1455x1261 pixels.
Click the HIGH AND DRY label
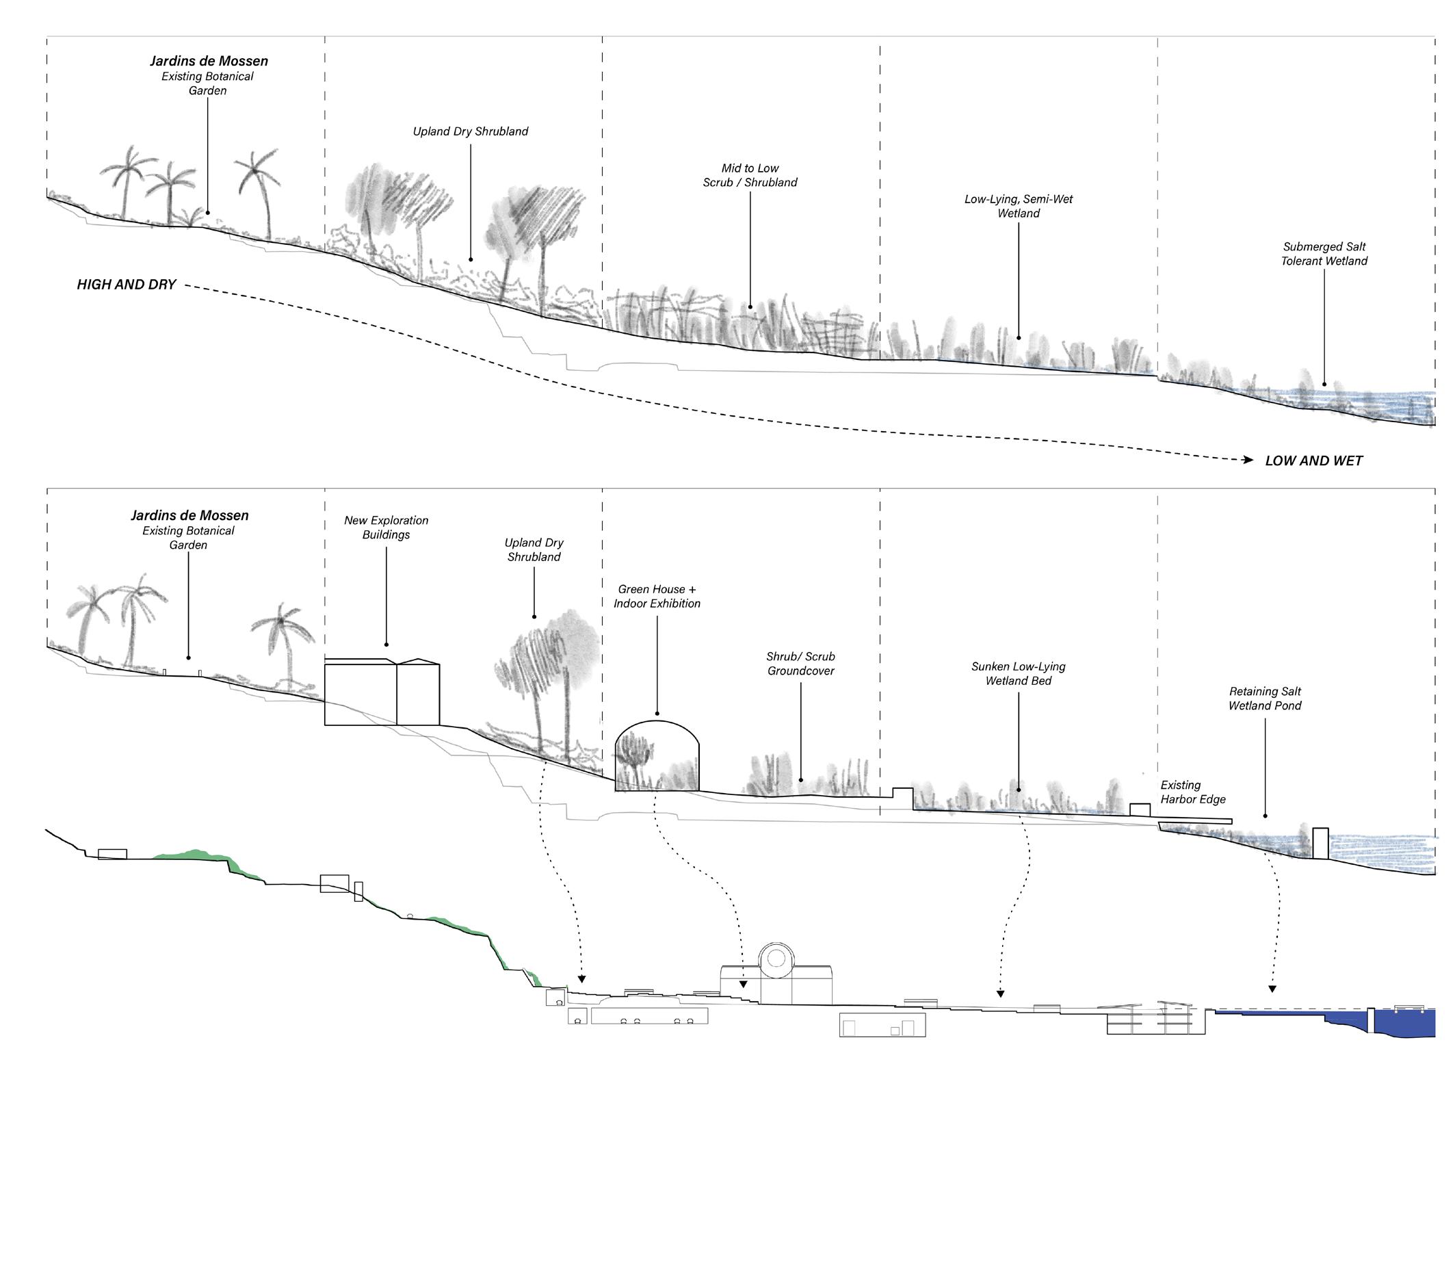(x=126, y=285)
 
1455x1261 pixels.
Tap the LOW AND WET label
(x=1313, y=461)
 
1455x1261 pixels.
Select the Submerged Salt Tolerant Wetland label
(x=1324, y=254)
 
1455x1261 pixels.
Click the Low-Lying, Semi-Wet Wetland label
(x=1018, y=206)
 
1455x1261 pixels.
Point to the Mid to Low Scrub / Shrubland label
(x=749, y=175)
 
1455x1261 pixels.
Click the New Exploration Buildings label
(x=386, y=528)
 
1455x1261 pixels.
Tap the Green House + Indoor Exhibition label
(x=657, y=596)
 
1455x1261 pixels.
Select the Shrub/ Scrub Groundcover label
(x=800, y=664)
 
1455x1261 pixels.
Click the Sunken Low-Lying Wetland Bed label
(x=1018, y=673)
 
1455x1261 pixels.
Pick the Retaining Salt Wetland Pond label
(x=1264, y=699)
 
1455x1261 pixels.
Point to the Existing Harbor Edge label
(x=1192, y=792)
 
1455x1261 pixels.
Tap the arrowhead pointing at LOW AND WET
(x=1248, y=460)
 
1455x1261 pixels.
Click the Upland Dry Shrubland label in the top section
(x=470, y=131)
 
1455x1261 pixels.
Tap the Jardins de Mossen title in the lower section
(x=189, y=516)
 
